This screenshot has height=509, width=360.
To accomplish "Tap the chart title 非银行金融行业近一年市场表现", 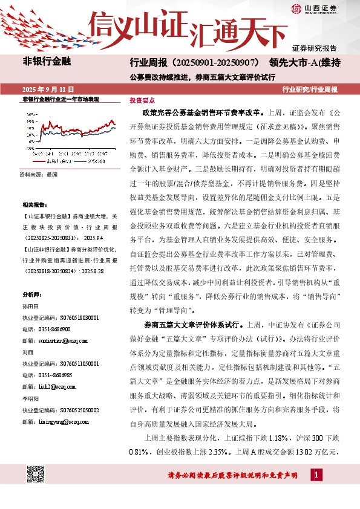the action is coord(60,99).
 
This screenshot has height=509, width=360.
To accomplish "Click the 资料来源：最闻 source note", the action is coord(38,174).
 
